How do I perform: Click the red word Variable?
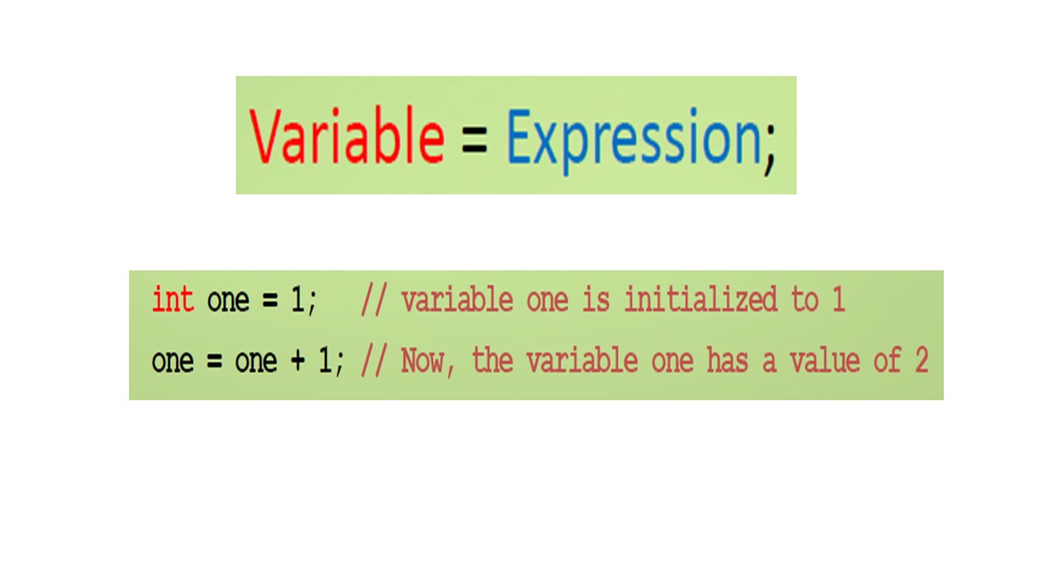click(347, 136)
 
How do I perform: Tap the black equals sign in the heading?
click(474, 139)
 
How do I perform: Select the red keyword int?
click(172, 299)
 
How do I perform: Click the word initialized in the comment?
click(700, 299)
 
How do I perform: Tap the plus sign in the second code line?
click(298, 360)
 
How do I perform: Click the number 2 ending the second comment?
click(922, 360)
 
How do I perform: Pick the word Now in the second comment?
click(421, 361)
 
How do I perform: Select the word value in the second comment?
click(825, 360)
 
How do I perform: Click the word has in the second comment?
click(727, 360)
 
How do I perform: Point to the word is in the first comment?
click(596, 299)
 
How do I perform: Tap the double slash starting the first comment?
click(374, 299)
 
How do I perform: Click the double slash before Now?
click(374, 360)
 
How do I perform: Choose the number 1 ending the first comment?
click(838, 299)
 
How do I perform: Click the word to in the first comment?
click(805, 300)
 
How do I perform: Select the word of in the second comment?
click(887, 360)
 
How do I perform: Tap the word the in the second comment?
click(492, 360)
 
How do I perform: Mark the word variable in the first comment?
click(456, 299)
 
